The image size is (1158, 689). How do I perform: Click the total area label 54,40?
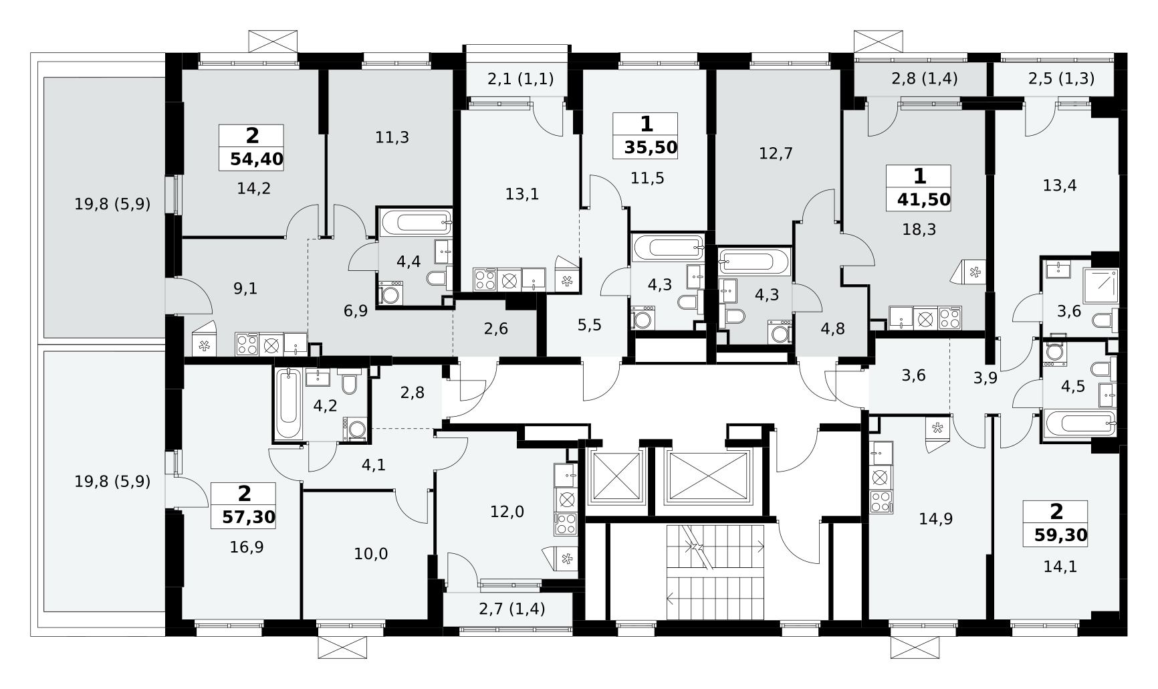click(257, 159)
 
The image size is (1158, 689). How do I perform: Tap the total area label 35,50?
click(651, 148)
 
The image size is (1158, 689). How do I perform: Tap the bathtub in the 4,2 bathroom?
click(287, 403)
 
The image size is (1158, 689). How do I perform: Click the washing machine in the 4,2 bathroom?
click(355, 429)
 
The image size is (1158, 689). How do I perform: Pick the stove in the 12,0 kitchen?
click(566, 523)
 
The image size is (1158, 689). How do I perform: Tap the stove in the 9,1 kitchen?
click(247, 344)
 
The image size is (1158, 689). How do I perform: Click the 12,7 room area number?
click(776, 153)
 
